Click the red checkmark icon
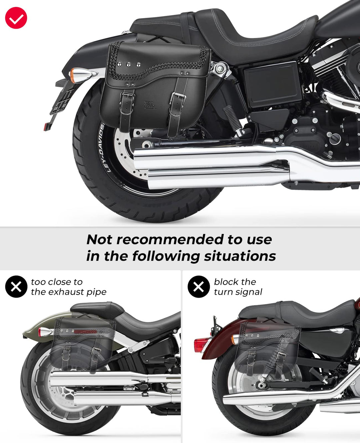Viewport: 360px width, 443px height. tap(16, 18)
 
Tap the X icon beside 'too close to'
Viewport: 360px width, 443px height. tap(16, 287)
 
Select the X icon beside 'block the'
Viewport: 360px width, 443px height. tap(199, 287)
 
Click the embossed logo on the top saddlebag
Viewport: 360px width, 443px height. tap(150, 105)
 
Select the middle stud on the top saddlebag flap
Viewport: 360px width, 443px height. tap(129, 65)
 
